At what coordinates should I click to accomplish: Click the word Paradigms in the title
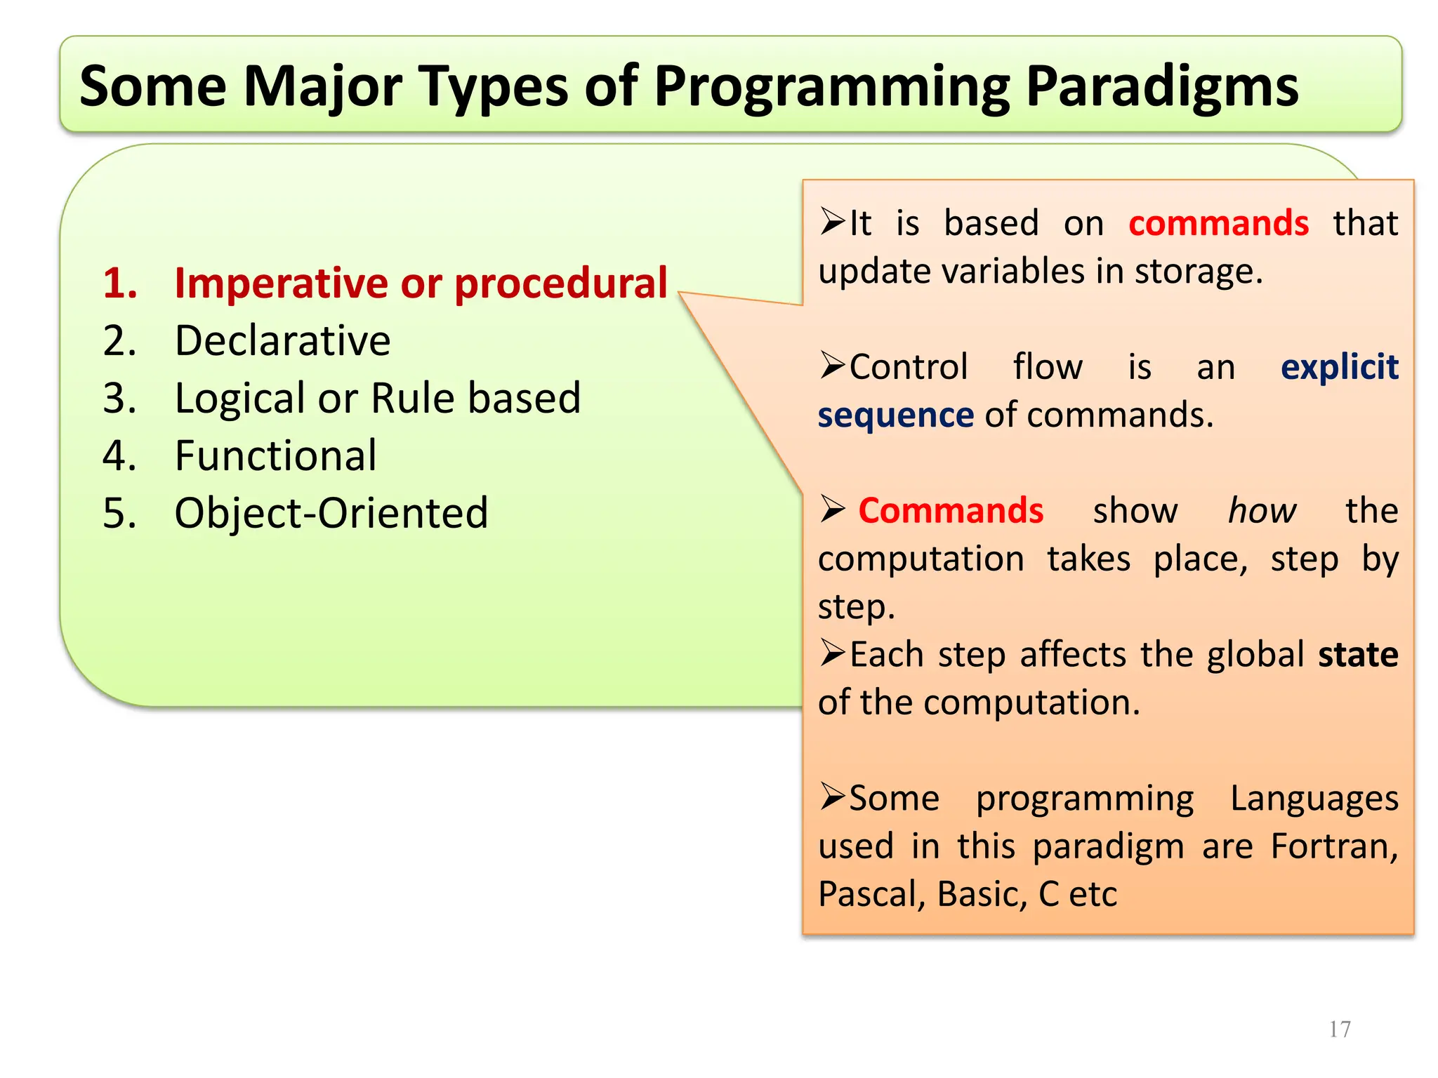click(1161, 87)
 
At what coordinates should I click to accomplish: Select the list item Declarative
click(282, 341)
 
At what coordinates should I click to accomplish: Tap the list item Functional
click(275, 456)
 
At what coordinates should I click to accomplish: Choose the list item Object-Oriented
click(331, 513)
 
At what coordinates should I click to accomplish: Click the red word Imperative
click(281, 284)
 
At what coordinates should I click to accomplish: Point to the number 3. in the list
click(119, 399)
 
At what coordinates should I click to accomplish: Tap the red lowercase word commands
click(1218, 223)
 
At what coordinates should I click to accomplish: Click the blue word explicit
click(1339, 367)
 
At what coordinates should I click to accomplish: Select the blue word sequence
click(895, 415)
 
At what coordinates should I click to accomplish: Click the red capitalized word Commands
click(951, 510)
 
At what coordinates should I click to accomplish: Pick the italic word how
click(1261, 510)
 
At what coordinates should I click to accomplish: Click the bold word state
click(1358, 654)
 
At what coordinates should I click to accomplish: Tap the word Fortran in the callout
click(1333, 846)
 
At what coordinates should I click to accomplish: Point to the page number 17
click(1340, 1029)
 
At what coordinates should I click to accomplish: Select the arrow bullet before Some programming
click(832, 797)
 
